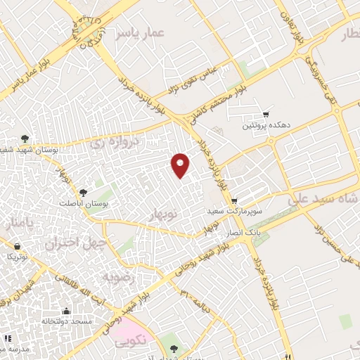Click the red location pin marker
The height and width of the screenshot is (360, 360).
click(181, 165)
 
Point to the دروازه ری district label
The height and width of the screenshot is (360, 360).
click(116, 142)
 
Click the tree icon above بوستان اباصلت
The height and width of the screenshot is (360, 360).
click(84, 191)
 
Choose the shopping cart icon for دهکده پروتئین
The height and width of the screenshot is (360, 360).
click(265, 114)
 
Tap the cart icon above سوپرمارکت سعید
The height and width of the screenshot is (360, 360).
click(235, 199)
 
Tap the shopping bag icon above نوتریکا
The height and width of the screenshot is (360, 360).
click(18, 246)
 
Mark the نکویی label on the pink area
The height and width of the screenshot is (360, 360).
click(131, 342)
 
